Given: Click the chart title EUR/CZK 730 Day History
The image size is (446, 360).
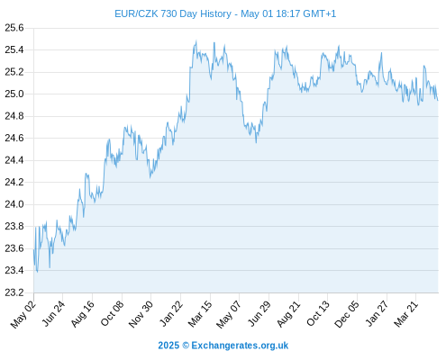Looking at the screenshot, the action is coord(173,13).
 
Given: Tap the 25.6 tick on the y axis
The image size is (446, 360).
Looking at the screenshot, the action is coord(14,28).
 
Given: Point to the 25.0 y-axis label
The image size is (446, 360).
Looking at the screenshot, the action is coord(14,94).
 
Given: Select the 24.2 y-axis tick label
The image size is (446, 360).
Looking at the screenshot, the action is coord(14,183).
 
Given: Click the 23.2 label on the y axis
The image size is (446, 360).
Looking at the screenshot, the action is coord(14,292).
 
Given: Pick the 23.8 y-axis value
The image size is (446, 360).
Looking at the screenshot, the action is coord(14,227).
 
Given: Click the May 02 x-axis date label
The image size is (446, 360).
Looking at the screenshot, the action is coord(23,314).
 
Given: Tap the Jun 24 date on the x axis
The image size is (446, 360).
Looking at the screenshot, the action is coord(53,314).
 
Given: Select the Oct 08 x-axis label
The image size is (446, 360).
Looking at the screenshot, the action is coord(113,314).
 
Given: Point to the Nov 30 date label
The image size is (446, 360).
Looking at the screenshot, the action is coord(141,314).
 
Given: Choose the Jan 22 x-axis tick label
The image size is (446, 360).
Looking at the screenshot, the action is coord(171,314).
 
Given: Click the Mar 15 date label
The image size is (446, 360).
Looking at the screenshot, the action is coord(200,314).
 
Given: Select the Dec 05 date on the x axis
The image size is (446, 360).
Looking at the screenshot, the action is coord(347,314).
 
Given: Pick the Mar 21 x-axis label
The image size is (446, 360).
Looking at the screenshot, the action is coord(406,314).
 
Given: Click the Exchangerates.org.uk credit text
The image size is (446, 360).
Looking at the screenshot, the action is coord(240,346).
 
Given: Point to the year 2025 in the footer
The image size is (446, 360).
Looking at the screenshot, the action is coord(168,346).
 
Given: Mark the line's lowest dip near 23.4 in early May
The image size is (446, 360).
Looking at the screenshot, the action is coord(37,272).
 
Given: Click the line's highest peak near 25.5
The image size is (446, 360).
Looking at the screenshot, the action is coord(196,40).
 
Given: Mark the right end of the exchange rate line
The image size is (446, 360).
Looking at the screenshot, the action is coord(438,101).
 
